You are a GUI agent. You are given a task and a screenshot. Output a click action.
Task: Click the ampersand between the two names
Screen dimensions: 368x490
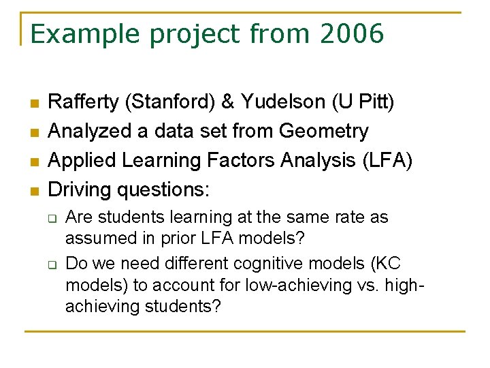click(228, 102)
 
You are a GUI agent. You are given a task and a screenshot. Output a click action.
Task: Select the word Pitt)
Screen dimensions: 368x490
click(378, 102)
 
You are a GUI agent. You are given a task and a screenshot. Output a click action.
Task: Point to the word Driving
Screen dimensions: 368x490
click(80, 189)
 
